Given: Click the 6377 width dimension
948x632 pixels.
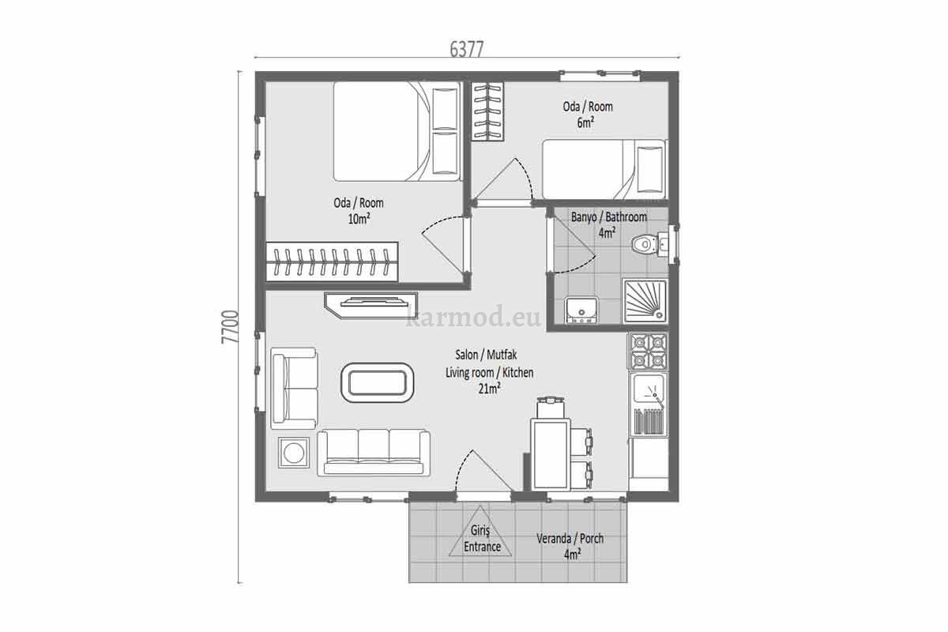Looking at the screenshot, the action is click(x=466, y=50).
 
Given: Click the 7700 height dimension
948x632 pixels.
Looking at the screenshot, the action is click(x=231, y=327).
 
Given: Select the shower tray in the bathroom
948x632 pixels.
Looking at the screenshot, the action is click(x=645, y=300).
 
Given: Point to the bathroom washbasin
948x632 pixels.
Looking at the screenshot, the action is click(x=581, y=310).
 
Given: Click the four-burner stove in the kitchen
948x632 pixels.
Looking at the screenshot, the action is click(x=648, y=351).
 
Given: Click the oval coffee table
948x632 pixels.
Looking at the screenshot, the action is click(x=377, y=382).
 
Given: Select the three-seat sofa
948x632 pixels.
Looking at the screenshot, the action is click(x=374, y=453).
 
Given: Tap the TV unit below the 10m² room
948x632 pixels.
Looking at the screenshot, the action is click(x=371, y=305).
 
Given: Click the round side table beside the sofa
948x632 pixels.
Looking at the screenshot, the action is click(x=294, y=453).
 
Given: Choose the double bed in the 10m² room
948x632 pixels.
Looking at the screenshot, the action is click(x=397, y=131).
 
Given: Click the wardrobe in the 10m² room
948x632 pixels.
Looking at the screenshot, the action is click(x=332, y=261).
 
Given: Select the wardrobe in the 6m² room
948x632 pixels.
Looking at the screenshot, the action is click(x=488, y=111).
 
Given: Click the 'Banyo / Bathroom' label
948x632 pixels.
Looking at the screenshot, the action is click(x=609, y=217).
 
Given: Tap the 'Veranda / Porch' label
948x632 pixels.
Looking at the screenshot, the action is click(x=570, y=539).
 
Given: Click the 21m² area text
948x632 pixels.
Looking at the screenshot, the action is click(x=490, y=389).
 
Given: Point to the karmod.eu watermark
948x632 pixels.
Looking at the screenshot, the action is click(x=473, y=317).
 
